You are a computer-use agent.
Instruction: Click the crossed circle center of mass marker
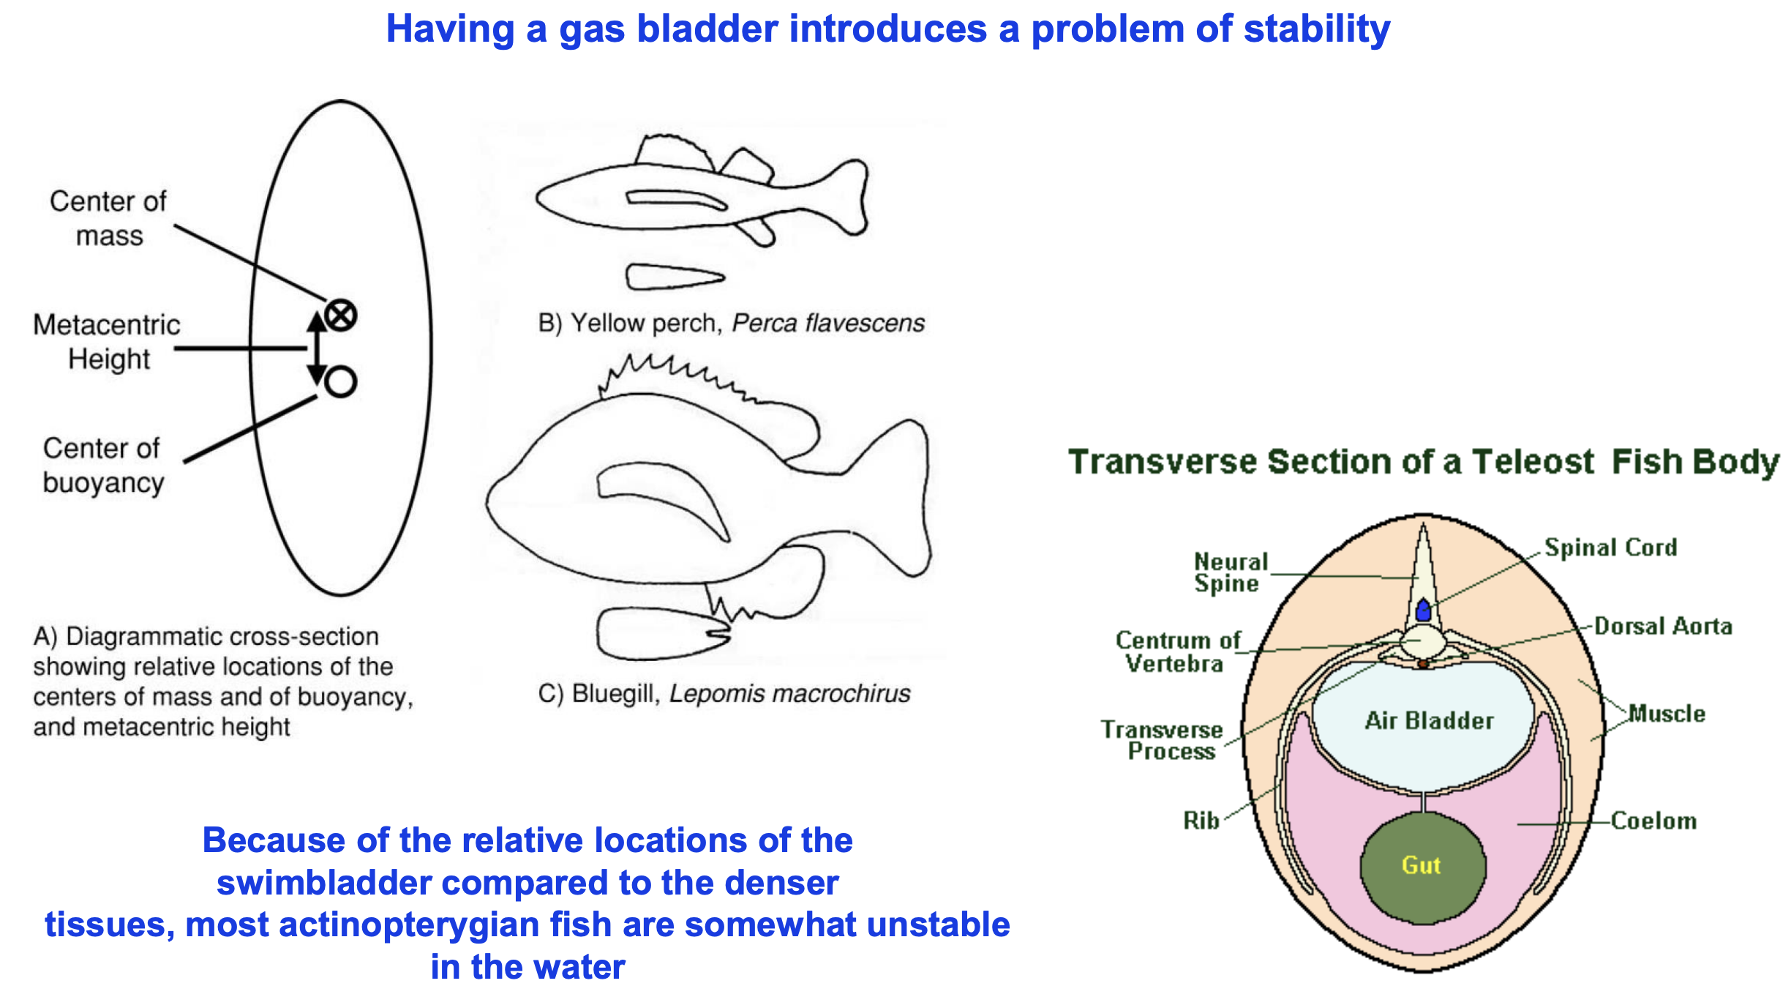(340, 315)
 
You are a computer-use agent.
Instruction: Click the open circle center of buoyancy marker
(340, 381)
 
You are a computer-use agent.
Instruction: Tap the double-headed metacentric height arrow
(317, 348)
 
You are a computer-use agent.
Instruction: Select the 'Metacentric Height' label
(107, 341)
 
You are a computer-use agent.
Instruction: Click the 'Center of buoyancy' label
(102, 465)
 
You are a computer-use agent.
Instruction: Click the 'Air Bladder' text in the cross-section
(1429, 720)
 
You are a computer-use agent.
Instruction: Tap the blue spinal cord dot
(1423, 610)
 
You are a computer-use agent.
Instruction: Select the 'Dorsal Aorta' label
(1663, 626)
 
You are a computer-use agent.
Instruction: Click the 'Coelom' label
(1653, 821)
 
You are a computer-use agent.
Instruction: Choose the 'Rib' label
(1201, 820)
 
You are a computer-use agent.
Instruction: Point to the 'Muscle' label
(1667, 713)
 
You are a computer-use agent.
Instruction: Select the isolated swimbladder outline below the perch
(673, 277)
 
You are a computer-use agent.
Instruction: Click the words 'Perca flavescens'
(828, 323)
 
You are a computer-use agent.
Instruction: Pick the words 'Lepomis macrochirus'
(789, 693)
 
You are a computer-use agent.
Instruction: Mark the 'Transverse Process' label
(1163, 739)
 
